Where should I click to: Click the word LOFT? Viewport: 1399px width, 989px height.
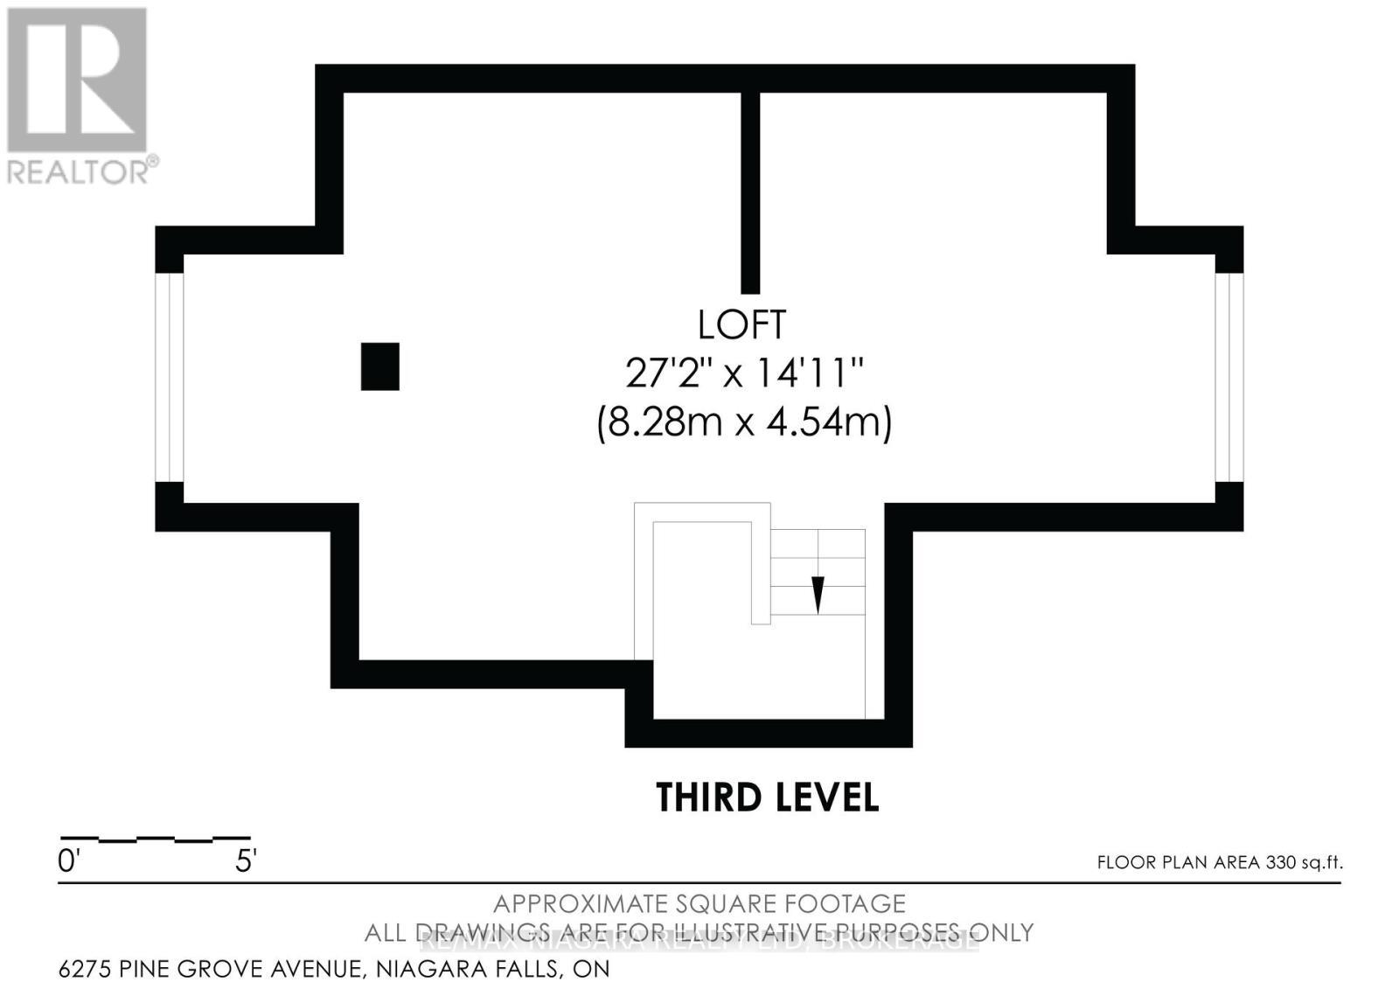point(741,324)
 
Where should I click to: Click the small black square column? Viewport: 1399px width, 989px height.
point(380,366)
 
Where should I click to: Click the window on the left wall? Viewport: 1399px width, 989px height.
point(170,377)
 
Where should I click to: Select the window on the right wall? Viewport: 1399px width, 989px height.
point(1229,377)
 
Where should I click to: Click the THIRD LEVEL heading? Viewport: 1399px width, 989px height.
point(767,797)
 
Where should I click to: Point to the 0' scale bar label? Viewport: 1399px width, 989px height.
point(68,861)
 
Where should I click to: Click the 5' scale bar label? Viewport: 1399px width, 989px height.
point(245,861)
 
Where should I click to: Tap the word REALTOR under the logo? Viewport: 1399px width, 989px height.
point(79,171)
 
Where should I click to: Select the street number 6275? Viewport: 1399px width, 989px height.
point(86,969)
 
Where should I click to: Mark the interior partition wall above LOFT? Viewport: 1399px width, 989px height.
point(750,192)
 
